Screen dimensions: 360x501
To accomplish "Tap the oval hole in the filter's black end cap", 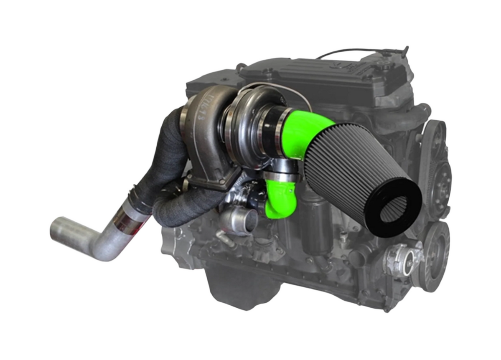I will tap(394, 209).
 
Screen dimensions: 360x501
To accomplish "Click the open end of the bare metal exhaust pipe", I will tap(58, 229).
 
